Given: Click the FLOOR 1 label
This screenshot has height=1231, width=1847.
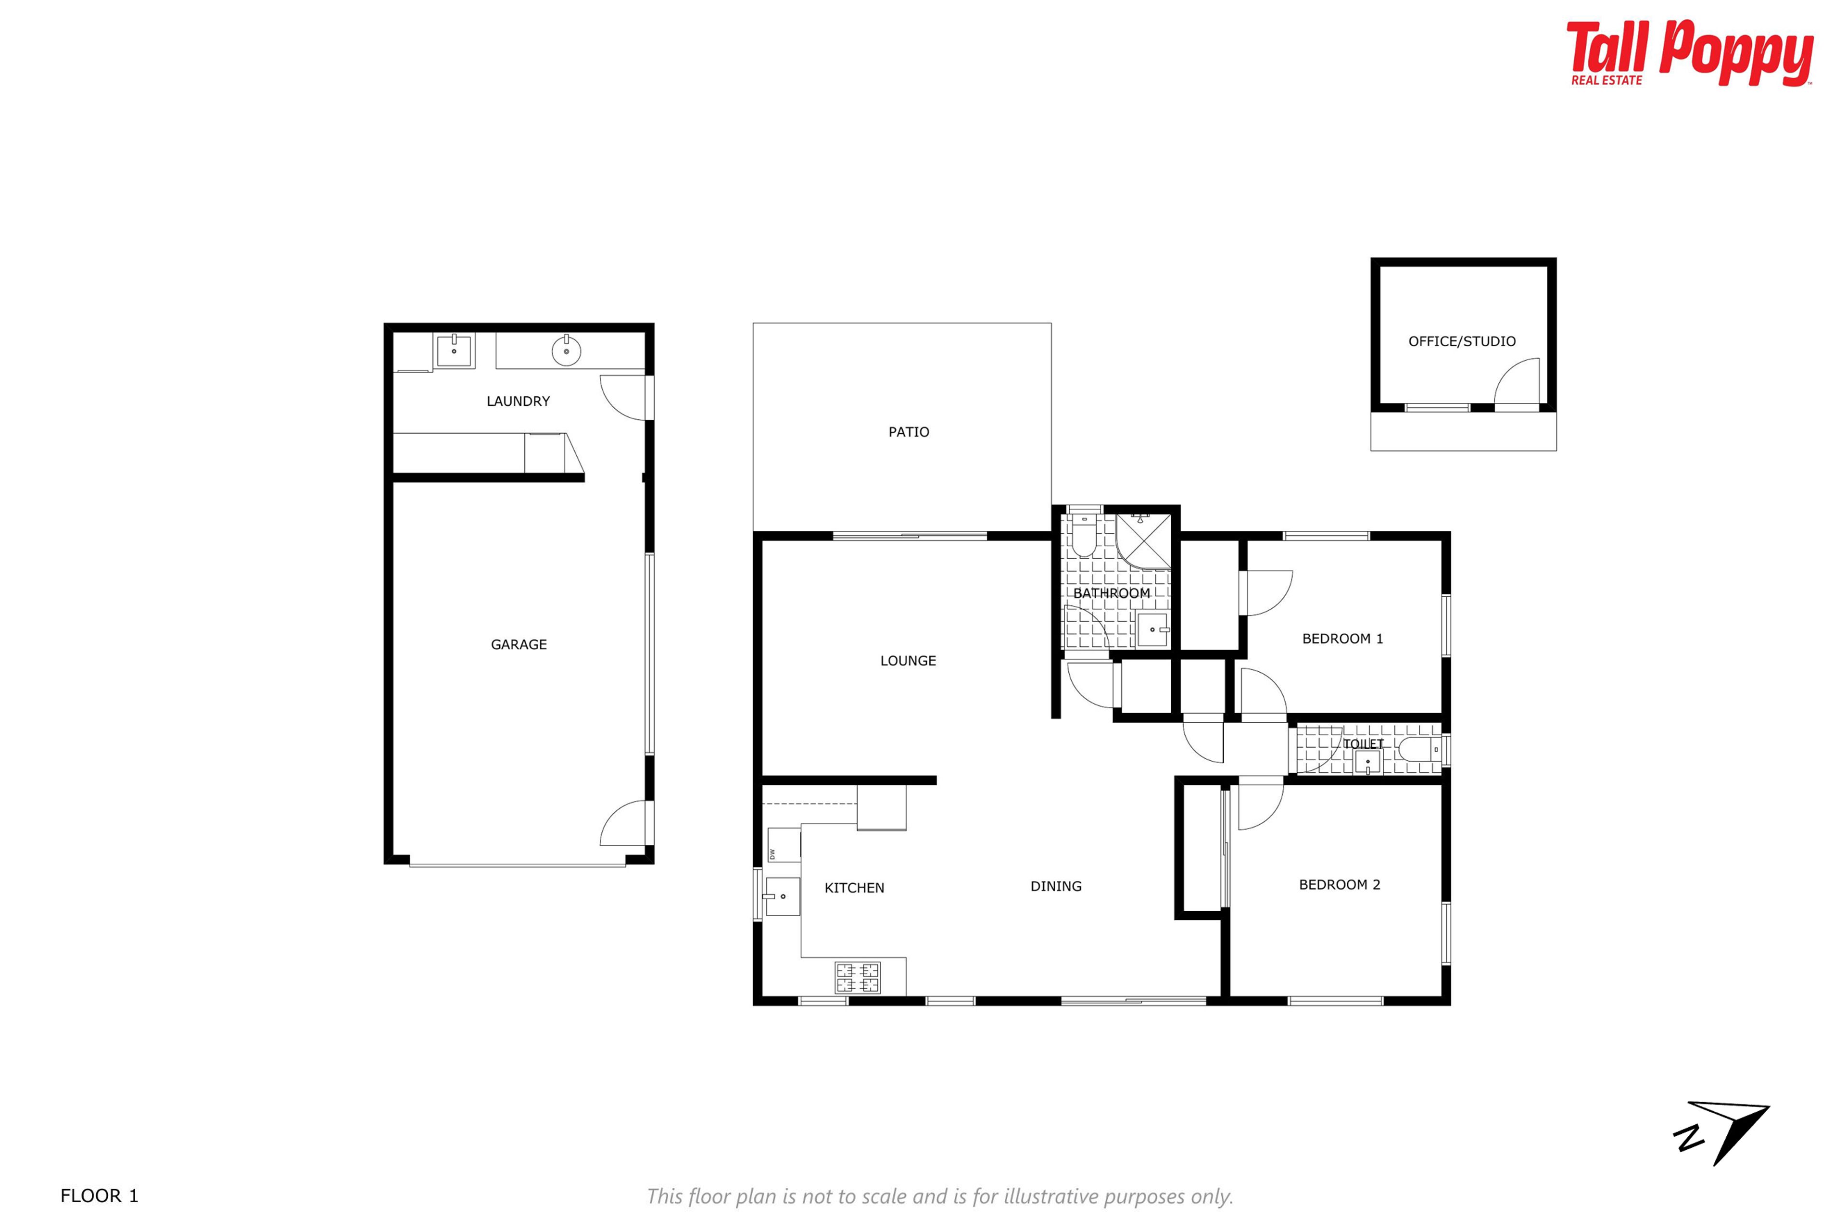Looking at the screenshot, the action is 99,1196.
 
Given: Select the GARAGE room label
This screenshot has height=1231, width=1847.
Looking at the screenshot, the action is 519,644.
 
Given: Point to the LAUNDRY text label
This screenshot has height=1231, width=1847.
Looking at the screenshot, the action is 519,401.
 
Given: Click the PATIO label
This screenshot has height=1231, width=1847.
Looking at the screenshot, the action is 909,432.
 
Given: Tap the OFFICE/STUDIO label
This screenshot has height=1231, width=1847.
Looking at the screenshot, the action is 1461,341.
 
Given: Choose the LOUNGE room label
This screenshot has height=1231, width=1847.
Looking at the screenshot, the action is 908,661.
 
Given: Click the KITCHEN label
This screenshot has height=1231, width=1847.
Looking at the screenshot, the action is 854,888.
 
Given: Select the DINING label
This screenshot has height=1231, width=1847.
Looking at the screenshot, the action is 1055,886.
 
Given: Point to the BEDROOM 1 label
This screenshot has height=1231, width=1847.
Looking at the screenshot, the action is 1342,639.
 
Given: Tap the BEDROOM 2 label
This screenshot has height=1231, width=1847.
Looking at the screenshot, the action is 1339,885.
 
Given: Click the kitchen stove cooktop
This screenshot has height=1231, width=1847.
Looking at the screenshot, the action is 858,978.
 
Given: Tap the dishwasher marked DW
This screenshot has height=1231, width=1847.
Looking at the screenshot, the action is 784,845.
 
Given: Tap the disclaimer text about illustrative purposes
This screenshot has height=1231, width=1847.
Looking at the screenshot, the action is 940,1196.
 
